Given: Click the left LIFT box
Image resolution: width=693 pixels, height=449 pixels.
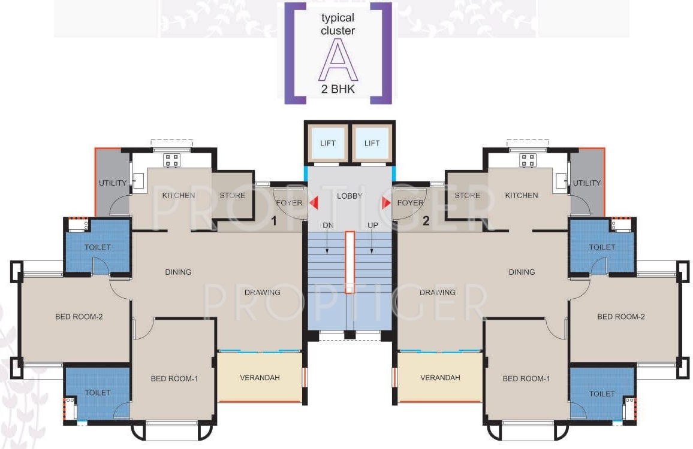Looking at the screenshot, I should (327, 143).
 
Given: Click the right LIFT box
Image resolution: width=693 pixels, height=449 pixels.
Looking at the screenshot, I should (372, 143).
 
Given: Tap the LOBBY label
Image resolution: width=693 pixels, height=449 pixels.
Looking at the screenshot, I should (349, 196).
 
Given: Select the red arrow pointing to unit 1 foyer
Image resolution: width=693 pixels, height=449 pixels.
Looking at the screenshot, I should (313, 203).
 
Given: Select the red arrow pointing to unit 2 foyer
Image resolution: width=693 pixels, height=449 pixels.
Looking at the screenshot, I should (387, 203).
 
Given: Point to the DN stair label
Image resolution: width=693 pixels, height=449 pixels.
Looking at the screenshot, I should (327, 225).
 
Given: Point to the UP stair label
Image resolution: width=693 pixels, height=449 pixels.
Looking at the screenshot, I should (372, 225).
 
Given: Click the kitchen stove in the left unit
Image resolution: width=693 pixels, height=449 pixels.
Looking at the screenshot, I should (172, 160).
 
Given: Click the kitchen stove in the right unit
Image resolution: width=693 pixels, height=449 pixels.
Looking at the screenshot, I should (528, 160).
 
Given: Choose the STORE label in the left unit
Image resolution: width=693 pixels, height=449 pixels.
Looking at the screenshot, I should (232, 195).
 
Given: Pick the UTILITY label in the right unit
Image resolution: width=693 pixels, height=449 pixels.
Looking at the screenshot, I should (586, 183).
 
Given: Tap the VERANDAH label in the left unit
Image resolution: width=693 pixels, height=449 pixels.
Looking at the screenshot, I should (260, 378).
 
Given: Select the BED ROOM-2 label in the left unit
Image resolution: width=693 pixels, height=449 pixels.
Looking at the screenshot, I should (79, 316).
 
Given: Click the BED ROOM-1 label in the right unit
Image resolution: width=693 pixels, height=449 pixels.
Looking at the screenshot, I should (526, 378).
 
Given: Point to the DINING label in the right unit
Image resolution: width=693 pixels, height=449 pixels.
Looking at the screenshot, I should (521, 272).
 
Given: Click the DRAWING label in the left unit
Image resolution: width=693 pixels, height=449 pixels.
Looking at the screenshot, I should (262, 293).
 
